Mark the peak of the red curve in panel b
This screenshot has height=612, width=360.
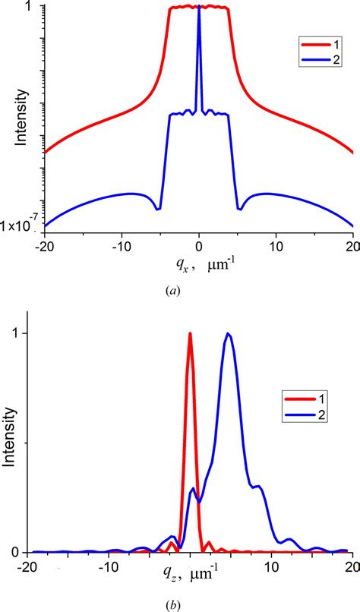(190, 333)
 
